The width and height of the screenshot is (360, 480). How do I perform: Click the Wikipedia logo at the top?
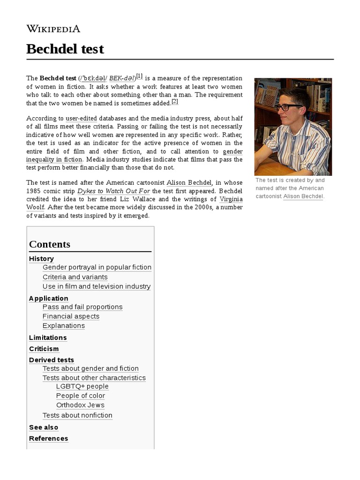(x=53, y=29)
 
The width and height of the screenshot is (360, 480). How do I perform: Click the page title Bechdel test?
(x=65, y=49)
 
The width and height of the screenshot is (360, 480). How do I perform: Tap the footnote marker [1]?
(x=140, y=76)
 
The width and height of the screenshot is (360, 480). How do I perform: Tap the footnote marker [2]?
(x=175, y=101)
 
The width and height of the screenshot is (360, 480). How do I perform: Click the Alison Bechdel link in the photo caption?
(x=303, y=196)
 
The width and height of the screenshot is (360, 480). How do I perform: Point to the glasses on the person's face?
(x=288, y=107)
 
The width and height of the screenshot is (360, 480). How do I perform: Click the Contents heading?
(x=50, y=244)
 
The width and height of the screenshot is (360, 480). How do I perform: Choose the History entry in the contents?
(x=41, y=259)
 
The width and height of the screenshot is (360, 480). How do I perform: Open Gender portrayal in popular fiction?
(x=97, y=267)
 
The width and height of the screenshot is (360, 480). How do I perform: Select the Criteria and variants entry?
(x=75, y=277)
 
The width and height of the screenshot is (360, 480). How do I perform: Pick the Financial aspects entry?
(x=71, y=316)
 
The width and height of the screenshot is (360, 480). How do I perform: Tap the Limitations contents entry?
(x=48, y=337)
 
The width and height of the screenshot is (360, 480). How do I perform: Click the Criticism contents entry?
(x=44, y=349)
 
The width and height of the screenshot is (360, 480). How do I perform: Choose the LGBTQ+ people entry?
(x=82, y=386)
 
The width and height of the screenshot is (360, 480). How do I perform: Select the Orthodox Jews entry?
(x=80, y=405)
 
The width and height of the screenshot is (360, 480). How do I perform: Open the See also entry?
(x=44, y=427)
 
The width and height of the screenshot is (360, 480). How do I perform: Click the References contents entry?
(x=48, y=438)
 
